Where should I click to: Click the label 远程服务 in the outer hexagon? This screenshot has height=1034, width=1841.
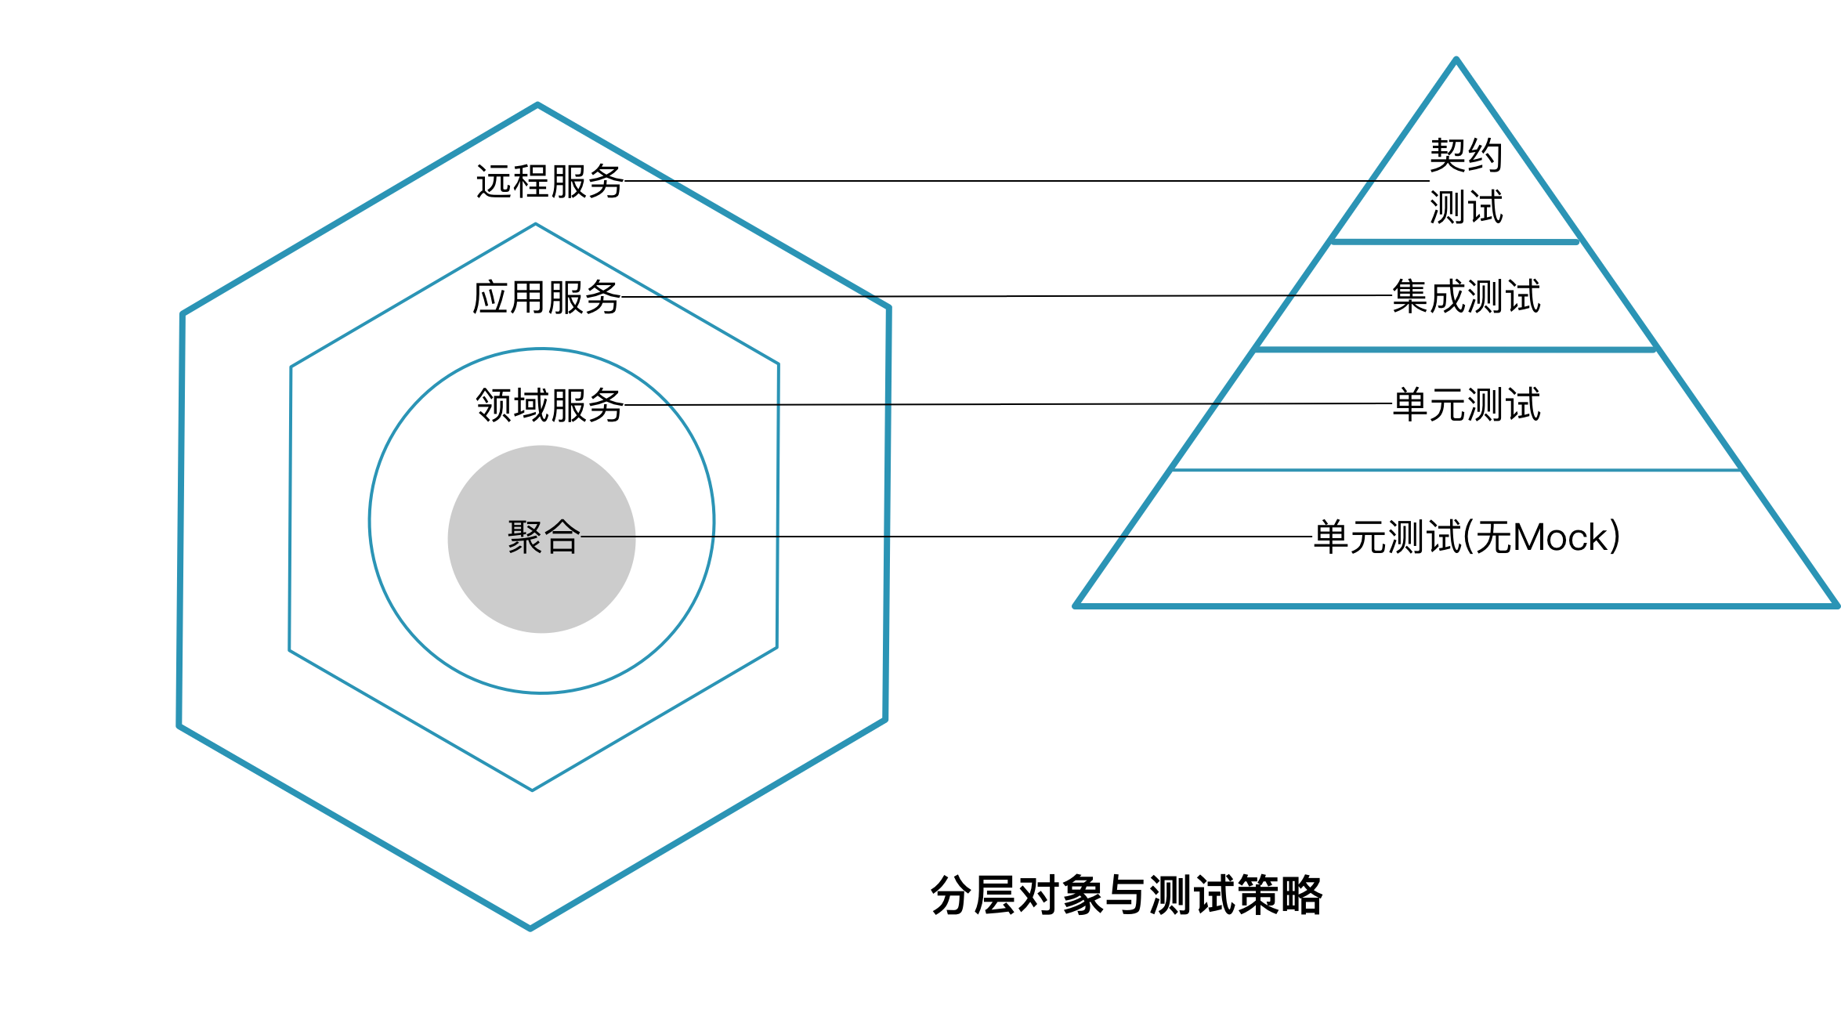coord(549,182)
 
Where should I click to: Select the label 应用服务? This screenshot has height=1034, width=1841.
coord(546,298)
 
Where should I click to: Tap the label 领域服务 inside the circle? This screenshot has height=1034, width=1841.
coord(549,406)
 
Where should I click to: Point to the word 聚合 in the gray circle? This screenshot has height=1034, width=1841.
coord(544,537)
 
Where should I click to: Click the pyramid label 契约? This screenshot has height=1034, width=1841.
coord(1466,155)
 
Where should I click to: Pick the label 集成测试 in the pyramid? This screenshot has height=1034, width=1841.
coord(1466,297)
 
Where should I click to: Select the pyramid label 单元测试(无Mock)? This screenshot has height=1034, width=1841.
coord(1467,537)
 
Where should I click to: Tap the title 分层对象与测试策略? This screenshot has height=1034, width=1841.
coord(1126,895)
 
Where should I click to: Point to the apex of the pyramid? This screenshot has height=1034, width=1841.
coord(1456,60)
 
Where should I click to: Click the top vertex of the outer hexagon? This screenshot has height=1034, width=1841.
coord(537,104)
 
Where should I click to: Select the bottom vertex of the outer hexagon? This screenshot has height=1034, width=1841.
coord(530,928)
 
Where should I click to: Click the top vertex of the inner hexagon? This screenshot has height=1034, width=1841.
coord(536,224)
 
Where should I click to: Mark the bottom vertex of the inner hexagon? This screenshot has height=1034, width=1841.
coord(533,790)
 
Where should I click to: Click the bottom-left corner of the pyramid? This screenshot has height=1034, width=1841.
coord(1076,606)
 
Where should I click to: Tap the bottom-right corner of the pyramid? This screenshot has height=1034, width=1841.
coord(1836,606)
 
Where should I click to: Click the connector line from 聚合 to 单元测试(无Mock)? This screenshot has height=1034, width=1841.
coord(940,537)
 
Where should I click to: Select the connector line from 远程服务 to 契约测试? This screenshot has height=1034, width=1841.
coord(1018,181)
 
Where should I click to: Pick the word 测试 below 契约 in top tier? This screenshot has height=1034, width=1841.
coord(1466,208)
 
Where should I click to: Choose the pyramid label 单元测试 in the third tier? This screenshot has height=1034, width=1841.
coord(1466,405)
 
